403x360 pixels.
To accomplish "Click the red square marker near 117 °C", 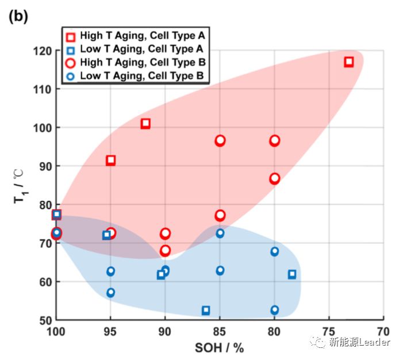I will (348, 62).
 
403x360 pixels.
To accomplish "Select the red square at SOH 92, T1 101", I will (145, 123).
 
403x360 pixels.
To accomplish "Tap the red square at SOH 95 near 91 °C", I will (110, 160).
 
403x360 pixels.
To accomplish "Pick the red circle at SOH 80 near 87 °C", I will (274, 178).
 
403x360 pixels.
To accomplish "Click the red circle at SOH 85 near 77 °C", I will (220, 215).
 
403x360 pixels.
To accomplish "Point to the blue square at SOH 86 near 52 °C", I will (206, 310).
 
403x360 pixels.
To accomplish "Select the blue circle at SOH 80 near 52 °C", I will (274, 310).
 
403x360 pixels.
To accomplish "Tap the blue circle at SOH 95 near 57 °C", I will (110, 292).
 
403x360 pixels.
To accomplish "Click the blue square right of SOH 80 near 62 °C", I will (292, 274).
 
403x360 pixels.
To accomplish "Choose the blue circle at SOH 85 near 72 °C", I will (220, 233).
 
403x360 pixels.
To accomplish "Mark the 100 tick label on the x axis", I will (56, 332).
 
